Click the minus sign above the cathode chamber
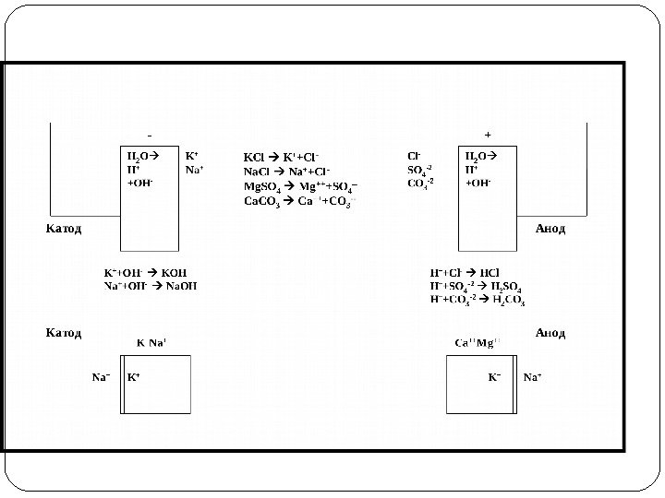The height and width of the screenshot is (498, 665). (151, 135)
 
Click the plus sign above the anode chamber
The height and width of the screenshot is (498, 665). (488, 135)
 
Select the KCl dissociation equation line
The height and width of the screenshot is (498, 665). (281, 158)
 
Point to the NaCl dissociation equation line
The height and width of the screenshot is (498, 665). (287, 172)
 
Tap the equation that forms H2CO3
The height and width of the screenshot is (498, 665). (478, 300)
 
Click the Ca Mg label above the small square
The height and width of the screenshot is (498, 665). (477, 343)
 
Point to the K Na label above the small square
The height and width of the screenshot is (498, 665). (151, 343)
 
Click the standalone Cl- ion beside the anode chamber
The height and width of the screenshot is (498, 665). (414, 156)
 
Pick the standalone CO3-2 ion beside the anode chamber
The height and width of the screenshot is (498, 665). (420, 183)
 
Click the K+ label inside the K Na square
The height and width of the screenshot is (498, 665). (134, 377)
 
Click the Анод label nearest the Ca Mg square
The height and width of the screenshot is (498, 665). (550, 332)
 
